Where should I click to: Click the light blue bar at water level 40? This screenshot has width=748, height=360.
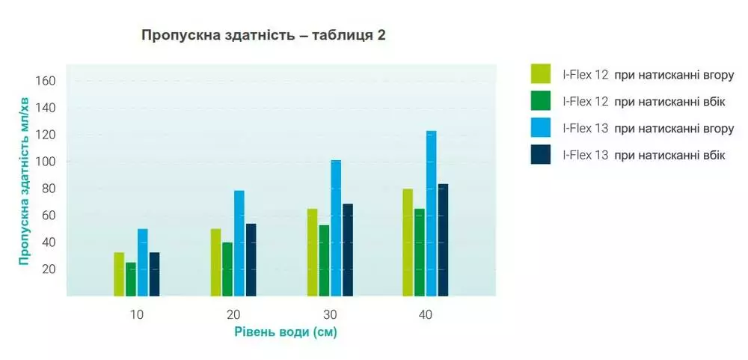[432, 213]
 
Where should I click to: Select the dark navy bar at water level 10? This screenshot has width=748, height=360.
[155, 274]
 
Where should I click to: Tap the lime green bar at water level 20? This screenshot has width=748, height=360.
[215, 263]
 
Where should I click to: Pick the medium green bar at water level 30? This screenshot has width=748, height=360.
[325, 260]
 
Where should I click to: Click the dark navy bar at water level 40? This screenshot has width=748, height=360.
[443, 240]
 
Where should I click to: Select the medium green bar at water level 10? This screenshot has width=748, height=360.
[131, 279]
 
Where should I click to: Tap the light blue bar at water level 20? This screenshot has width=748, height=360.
[239, 243]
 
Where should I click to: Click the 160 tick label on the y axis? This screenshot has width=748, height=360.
[46, 81]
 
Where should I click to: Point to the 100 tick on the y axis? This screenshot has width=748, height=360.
[46, 162]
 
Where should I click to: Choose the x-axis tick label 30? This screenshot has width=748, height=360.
[329, 315]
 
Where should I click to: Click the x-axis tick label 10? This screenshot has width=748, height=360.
[137, 315]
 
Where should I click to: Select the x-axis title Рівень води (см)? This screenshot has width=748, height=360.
[286, 332]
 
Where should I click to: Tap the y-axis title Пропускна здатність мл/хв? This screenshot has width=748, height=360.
[25, 181]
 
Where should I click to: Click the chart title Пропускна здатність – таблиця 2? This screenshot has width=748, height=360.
[263, 36]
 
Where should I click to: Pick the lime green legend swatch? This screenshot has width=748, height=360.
[541, 74]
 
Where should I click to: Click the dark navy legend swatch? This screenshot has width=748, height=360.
[541, 155]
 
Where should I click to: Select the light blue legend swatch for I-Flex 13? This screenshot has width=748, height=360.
[541, 127]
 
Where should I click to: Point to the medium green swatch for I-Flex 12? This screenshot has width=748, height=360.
[541, 101]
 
